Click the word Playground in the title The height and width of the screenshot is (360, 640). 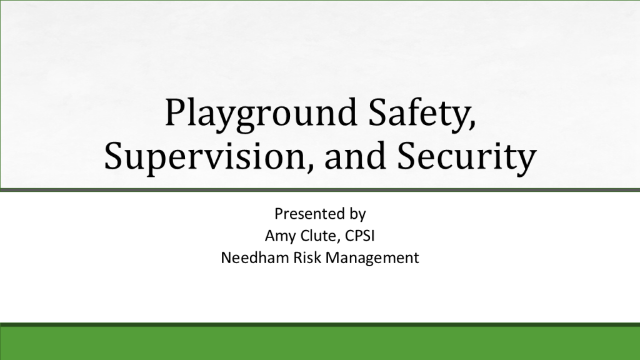[x=261, y=114]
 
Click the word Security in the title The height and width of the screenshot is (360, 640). [x=466, y=157]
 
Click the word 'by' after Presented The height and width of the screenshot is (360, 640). [x=357, y=214]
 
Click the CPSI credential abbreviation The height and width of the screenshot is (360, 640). [x=359, y=236]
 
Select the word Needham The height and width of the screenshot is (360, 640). [x=255, y=257]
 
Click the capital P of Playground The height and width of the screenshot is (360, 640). [x=176, y=112]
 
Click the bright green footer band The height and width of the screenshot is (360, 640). [x=320, y=343]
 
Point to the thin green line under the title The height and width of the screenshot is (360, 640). [x=320, y=190]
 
